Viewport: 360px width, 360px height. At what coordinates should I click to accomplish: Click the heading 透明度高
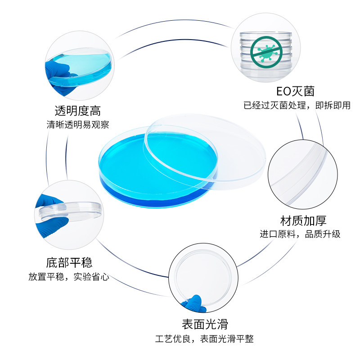77,110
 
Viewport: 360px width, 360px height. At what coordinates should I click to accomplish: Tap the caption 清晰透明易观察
77,125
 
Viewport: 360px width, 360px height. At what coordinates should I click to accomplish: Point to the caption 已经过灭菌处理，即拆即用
297,106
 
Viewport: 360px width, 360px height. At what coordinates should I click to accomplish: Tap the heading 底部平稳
69,262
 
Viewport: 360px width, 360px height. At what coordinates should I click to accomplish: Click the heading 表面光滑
205,324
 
